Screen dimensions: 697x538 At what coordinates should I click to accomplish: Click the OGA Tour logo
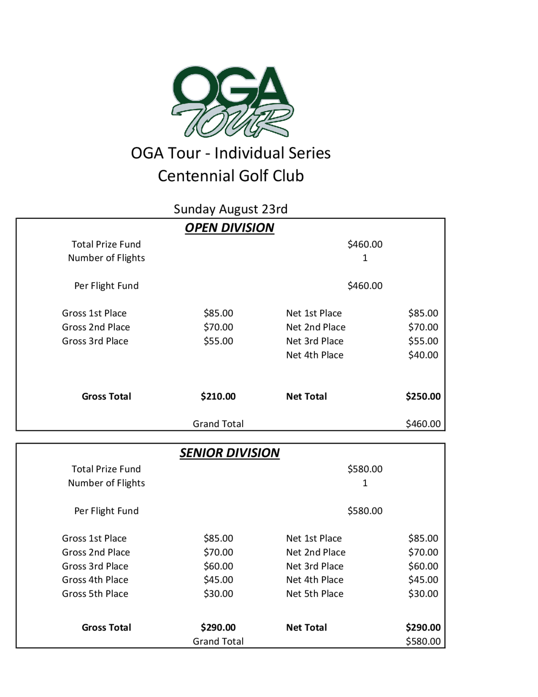[232, 102]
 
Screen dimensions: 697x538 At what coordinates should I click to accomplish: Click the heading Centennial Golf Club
[231, 176]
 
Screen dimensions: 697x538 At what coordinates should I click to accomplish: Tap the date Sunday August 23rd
[231, 209]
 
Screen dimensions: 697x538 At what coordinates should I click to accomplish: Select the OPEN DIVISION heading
[229, 228]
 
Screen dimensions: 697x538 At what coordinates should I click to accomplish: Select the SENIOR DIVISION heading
[229, 453]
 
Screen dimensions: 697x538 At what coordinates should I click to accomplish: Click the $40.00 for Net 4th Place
[423, 355]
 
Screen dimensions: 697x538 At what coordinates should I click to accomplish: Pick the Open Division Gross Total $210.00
[218, 396]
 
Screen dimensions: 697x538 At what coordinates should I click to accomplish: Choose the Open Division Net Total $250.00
[423, 396]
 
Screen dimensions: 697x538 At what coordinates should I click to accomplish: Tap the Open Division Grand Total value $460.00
[423, 424]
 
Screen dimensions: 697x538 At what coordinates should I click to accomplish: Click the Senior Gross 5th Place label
[95, 594]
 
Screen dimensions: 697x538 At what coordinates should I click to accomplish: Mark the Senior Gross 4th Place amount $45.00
[218, 580]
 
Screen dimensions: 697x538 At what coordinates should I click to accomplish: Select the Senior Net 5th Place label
[314, 594]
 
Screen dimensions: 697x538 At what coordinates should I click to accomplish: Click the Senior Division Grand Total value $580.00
[423, 641]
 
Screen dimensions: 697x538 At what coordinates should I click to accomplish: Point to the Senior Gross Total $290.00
[218, 628]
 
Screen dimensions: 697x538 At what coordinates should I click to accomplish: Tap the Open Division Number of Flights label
[107, 258]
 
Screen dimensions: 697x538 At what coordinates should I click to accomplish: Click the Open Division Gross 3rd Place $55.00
[218, 341]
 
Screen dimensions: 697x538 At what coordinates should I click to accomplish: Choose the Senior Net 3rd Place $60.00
[423, 566]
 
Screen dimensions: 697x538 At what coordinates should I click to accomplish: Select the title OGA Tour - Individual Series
[231, 153]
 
